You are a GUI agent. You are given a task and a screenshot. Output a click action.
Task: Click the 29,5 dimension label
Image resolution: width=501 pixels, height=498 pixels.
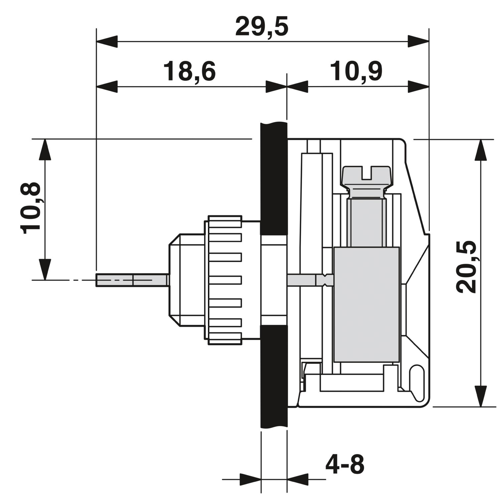(x=262, y=27)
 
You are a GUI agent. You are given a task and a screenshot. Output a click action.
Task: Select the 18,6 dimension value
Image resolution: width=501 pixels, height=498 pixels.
(x=189, y=71)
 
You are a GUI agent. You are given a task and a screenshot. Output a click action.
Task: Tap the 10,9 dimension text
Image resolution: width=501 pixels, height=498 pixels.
(x=356, y=71)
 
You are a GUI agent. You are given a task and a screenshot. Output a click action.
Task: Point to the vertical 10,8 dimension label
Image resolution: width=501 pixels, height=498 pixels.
(x=30, y=208)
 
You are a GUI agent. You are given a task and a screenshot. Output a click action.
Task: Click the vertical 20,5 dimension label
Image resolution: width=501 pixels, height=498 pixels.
(x=467, y=267)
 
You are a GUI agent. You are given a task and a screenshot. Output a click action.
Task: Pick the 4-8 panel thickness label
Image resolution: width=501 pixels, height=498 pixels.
(x=345, y=464)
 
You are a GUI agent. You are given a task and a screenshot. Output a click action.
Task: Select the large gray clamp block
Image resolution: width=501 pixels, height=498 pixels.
(x=367, y=304)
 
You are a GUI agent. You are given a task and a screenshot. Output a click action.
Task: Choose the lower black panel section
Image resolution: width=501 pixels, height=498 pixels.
(x=274, y=376)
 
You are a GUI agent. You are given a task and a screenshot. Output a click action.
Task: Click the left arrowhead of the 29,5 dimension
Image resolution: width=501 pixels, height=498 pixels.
(x=107, y=42)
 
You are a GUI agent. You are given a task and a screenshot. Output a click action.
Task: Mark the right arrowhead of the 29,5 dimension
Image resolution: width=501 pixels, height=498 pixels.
(x=418, y=42)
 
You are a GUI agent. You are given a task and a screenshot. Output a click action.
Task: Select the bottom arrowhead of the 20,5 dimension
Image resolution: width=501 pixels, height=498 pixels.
(x=481, y=396)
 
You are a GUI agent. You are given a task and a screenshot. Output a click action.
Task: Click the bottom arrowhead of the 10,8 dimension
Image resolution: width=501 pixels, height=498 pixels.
(x=45, y=269)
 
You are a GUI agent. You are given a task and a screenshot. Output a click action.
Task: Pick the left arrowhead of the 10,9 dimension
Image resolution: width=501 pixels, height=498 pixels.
(x=297, y=87)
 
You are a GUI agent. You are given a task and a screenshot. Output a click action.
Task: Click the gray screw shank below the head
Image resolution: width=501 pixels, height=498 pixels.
(x=366, y=222)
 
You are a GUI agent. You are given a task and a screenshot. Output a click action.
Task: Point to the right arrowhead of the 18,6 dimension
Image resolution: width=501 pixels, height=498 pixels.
(x=276, y=87)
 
